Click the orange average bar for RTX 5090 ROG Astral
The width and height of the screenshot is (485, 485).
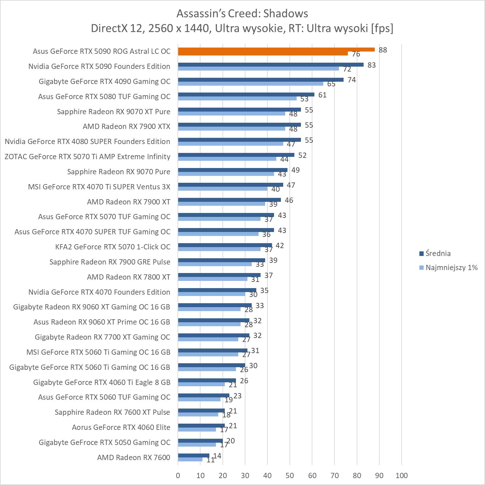[x=276, y=50]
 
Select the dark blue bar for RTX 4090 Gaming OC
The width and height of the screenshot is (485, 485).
[x=261, y=80]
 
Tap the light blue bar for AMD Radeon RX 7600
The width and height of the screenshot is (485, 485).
[x=190, y=459]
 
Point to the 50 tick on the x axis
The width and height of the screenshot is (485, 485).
[x=290, y=475]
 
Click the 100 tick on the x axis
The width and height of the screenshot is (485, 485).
[x=402, y=475]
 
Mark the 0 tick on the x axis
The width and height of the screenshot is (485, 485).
[x=178, y=475]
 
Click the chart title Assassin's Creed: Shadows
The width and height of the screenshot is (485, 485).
[x=242, y=13]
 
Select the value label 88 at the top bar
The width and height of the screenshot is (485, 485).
[x=383, y=50]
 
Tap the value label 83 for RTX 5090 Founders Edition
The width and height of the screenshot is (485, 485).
[x=371, y=65]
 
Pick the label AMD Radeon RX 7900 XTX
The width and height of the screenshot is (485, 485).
[x=126, y=126]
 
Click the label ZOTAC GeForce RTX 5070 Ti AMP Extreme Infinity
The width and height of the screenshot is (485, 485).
[x=87, y=157]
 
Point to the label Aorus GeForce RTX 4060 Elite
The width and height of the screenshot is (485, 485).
[x=121, y=427]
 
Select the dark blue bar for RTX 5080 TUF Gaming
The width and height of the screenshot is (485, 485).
[x=246, y=95]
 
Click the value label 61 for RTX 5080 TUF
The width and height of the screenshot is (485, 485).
[x=322, y=95]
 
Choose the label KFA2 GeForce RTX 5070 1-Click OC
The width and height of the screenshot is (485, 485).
[x=113, y=247]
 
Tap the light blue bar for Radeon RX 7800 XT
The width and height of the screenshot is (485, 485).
[x=213, y=279]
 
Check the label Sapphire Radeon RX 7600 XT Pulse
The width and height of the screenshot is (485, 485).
[x=112, y=412]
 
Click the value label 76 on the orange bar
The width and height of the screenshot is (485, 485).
[x=356, y=54]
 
